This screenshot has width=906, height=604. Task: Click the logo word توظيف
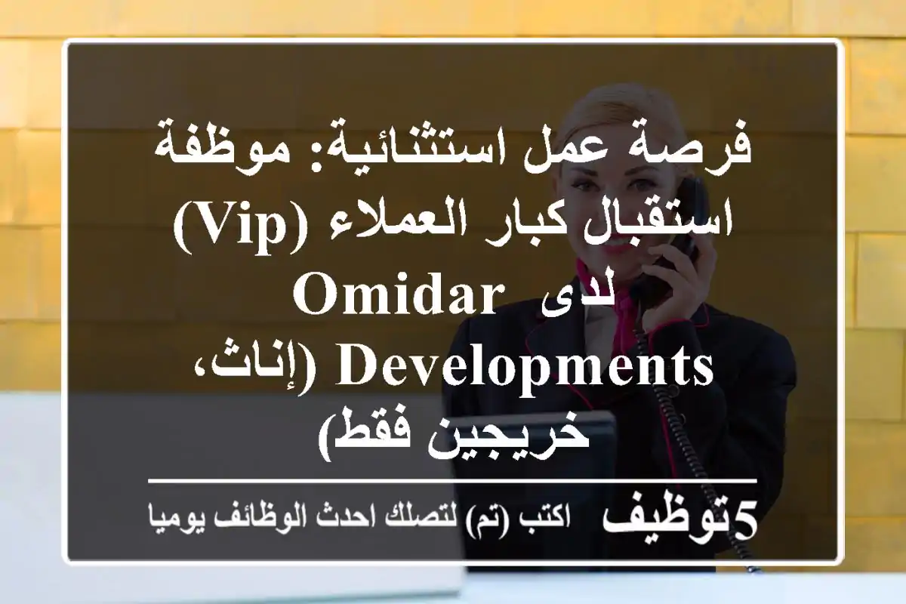pyautogui.click(x=664, y=522)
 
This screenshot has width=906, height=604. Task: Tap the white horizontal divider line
pyautogui.click(x=453, y=479)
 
